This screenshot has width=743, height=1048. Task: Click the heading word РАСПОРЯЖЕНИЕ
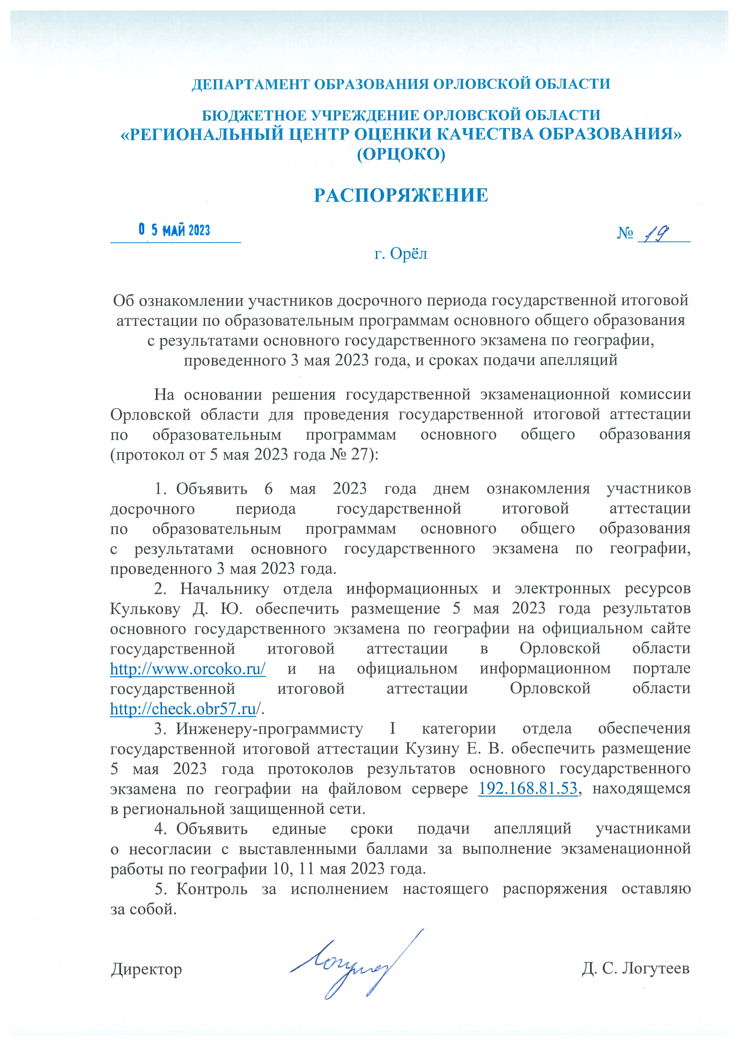pyautogui.click(x=401, y=195)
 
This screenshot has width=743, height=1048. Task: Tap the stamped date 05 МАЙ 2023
pyautogui.click(x=174, y=230)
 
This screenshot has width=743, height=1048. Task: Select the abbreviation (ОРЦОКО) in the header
pyautogui.click(x=401, y=154)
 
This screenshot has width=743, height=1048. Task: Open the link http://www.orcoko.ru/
pyautogui.click(x=188, y=669)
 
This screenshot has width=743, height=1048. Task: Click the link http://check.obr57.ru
pyautogui.click(x=183, y=709)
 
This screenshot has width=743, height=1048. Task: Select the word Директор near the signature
pyautogui.click(x=146, y=969)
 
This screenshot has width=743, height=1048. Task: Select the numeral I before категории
pyautogui.click(x=393, y=729)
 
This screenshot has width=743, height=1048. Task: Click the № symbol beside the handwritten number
pyautogui.click(x=625, y=233)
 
